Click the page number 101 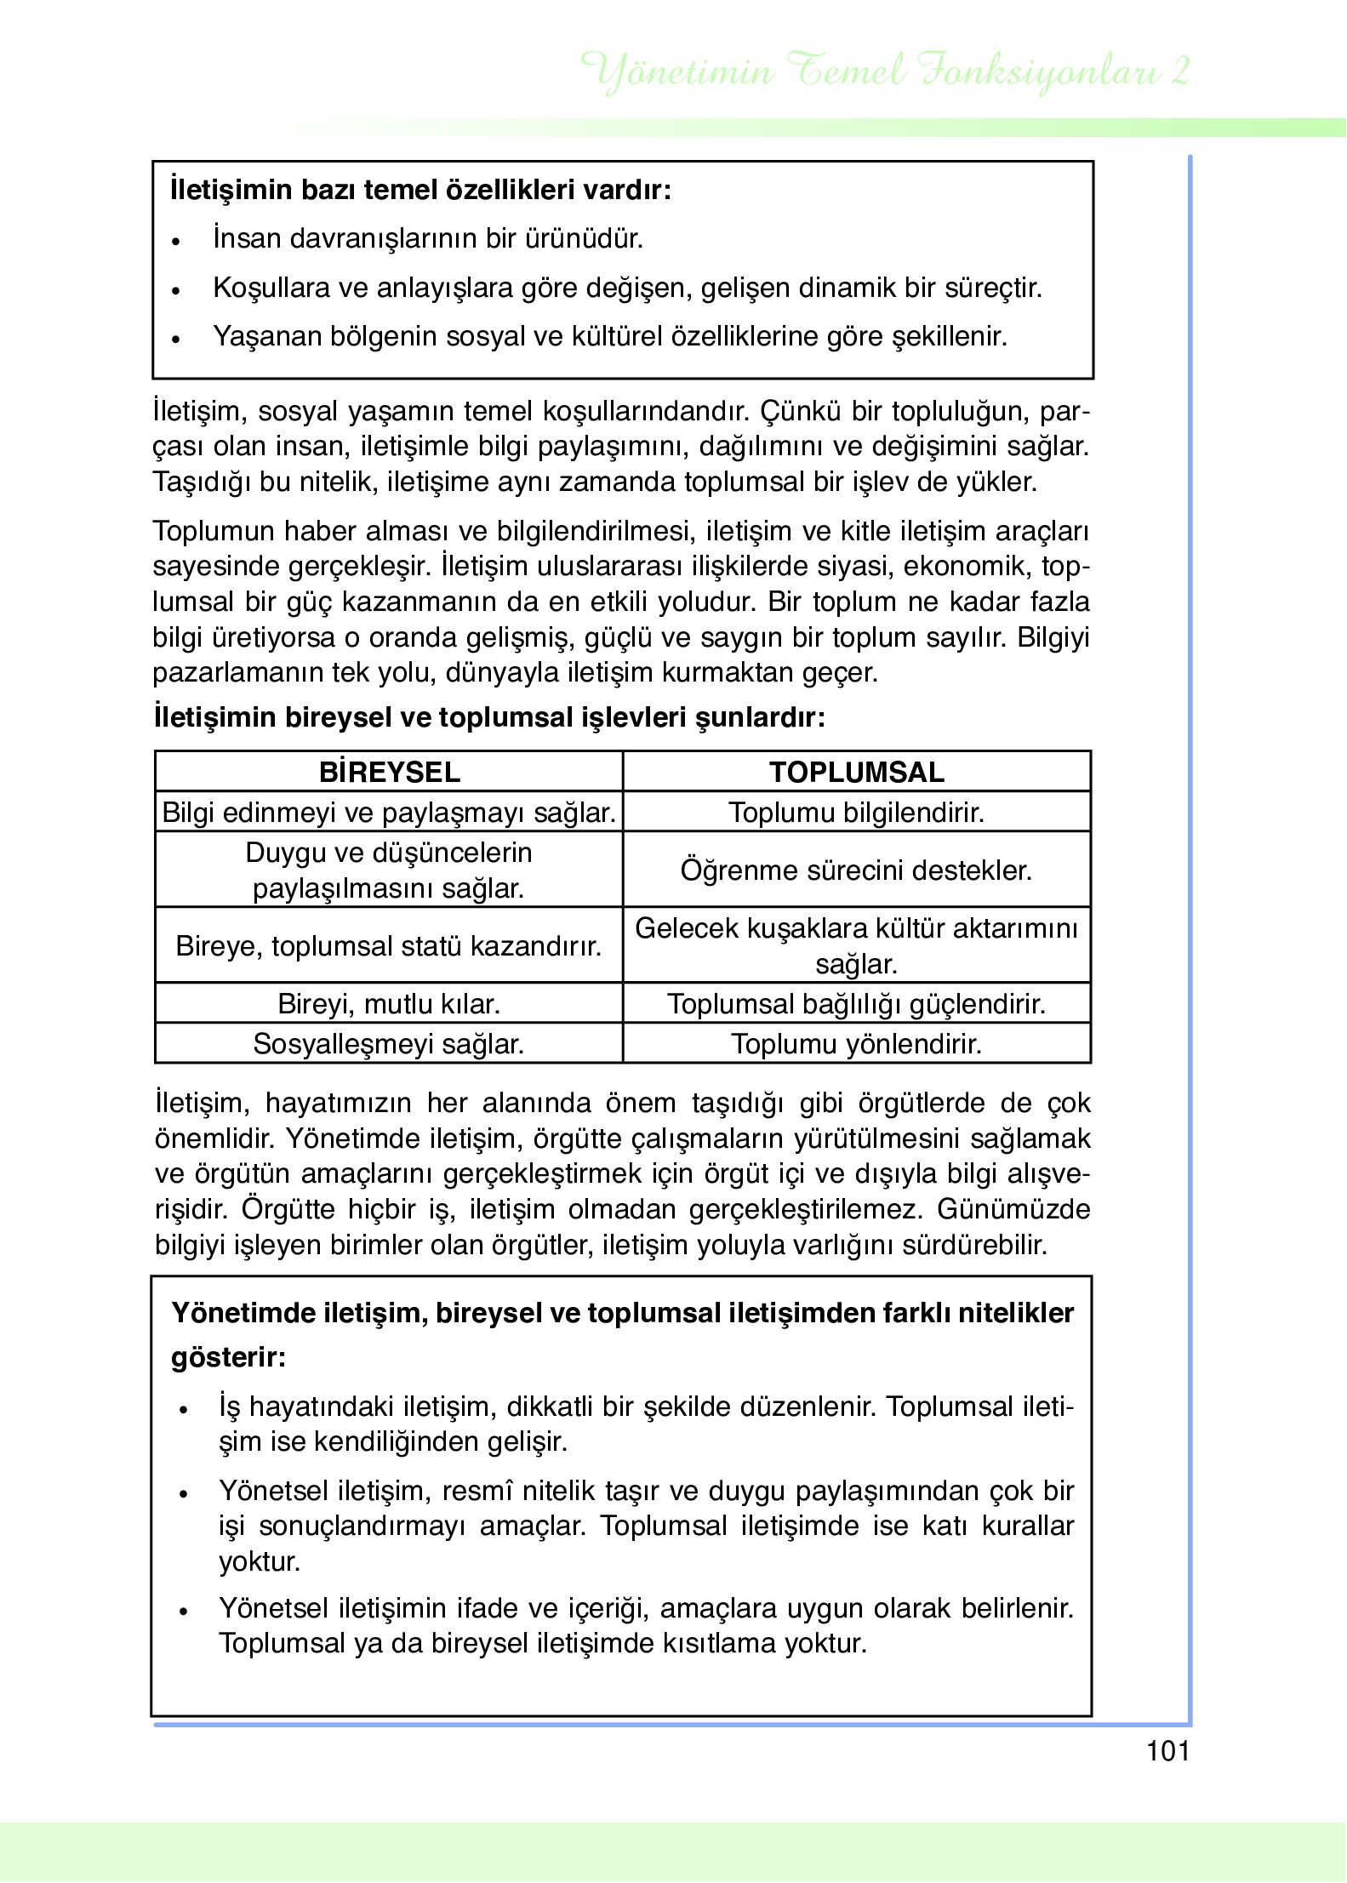click(x=1167, y=1768)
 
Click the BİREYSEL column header click(x=389, y=772)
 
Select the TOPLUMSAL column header click(x=856, y=772)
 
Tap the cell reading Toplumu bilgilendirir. click(x=856, y=813)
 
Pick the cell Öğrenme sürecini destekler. click(x=856, y=870)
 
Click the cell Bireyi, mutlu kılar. click(x=389, y=1004)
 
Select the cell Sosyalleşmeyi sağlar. click(x=389, y=1044)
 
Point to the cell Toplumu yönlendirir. click(x=856, y=1044)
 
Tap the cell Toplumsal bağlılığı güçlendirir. click(x=856, y=1004)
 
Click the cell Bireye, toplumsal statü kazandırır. click(x=389, y=946)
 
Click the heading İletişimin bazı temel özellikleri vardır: click(x=420, y=189)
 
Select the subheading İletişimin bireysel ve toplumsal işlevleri click(x=488, y=717)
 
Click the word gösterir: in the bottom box click(x=228, y=1356)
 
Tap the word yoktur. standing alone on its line click(x=260, y=1562)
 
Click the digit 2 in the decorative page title click(x=1179, y=71)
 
